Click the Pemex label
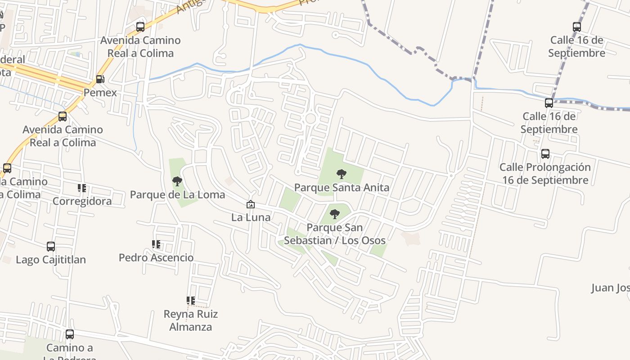[100, 93]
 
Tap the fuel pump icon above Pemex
[100, 80]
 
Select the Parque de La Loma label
[177, 194]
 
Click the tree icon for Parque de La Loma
[177, 181]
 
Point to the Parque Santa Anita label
[342, 187]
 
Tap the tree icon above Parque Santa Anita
[342, 174]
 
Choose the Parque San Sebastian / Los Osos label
[335, 234]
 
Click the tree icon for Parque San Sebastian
[335, 214]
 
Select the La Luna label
[251, 217]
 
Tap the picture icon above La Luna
[251, 204]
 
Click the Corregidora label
[82, 201]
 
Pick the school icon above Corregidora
[82, 188]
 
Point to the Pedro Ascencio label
[156, 258]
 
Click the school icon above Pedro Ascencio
[156, 244]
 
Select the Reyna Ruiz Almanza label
[190, 320]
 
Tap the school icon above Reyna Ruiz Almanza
[190, 300]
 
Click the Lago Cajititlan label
[51, 260]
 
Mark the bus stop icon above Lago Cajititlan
[51, 247]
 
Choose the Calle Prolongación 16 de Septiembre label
[545, 174]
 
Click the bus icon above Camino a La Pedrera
[69, 334]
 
